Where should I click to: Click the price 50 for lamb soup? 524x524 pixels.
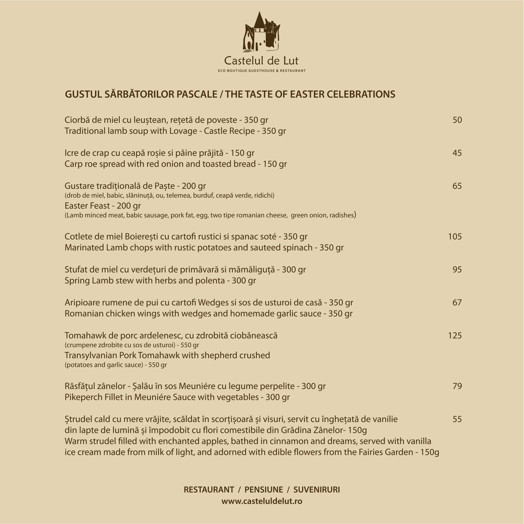(x=457, y=120)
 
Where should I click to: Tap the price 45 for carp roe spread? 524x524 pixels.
(x=457, y=153)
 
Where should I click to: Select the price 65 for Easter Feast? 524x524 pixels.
(x=457, y=186)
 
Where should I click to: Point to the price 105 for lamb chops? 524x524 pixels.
(x=455, y=237)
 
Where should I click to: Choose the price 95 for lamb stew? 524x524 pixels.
(x=457, y=270)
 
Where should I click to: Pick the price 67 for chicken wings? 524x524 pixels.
(x=457, y=303)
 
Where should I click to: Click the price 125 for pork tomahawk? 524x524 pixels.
(x=455, y=335)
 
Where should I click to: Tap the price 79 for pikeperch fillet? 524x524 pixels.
(x=457, y=386)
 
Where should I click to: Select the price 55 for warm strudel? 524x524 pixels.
(x=457, y=419)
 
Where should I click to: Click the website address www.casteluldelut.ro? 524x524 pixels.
(x=262, y=502)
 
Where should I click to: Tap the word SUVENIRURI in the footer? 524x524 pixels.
(x=316, y=489)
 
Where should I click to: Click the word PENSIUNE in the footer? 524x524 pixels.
(x=264, y=489)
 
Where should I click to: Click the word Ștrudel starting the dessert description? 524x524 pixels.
(x=78, y=419)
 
